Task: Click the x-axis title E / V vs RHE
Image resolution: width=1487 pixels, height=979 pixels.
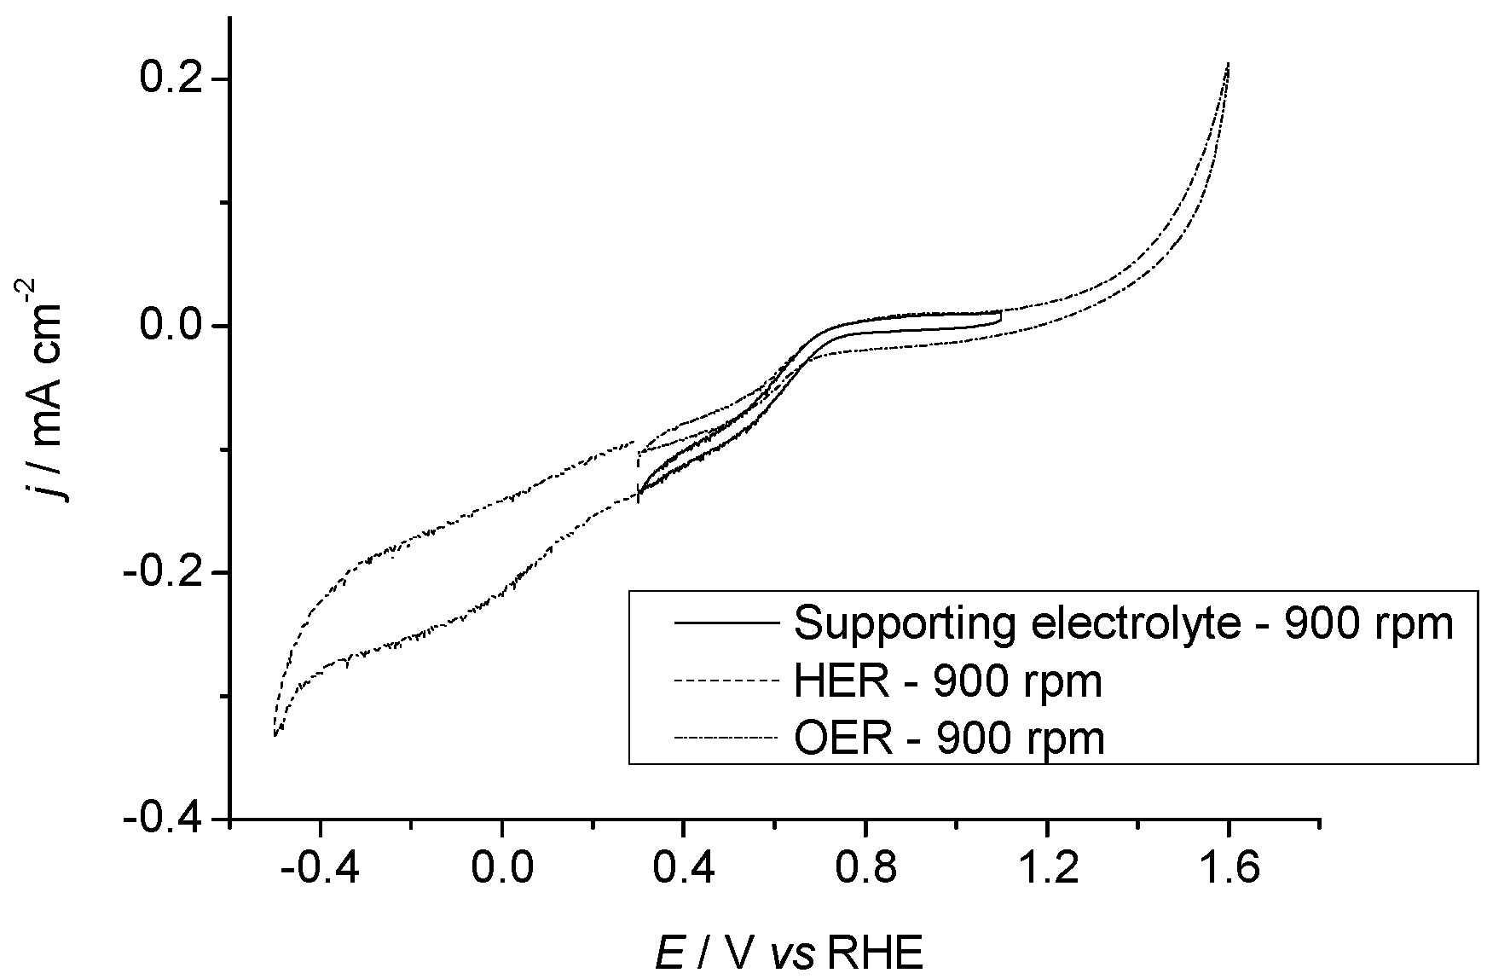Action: pyautogui.click(x=789, y=955)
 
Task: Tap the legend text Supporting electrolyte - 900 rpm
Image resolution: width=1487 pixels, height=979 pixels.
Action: pyautogui.click(x=1123, y=624)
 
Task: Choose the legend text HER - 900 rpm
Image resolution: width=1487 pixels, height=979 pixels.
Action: pyautogui.click(x=948, y=681)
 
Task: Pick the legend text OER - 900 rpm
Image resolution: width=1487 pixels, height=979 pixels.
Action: pyautogui.click(x=949, y=738)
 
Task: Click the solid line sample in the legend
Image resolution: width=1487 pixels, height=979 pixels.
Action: pyautogui.click(x=726, y=623)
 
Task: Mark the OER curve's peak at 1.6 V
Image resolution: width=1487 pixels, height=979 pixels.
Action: pyautogui.click(x=1228, y=64)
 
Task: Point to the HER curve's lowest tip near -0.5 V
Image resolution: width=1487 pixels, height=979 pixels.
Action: pyautogui.click(x=275, y=734)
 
